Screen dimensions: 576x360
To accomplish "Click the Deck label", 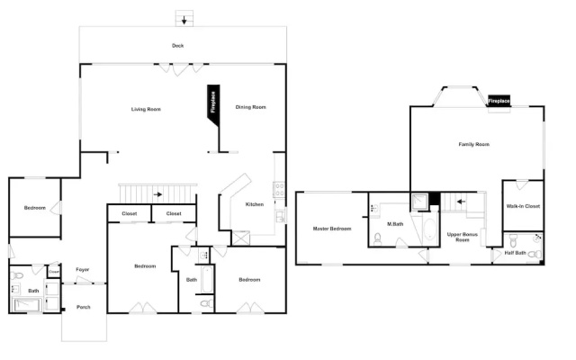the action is pos(178,46).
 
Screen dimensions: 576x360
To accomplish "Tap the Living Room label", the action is pos(146,109).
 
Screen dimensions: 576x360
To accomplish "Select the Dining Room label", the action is pos(250,107).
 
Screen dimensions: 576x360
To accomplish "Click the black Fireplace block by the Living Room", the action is pos(213,104).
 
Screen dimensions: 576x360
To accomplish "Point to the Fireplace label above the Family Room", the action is pos(499,100).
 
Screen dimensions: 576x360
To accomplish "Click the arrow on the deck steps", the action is pos(184,20).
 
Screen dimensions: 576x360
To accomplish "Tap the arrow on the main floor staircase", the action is pos(157,194).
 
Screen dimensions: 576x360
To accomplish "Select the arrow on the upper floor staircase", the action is pos(461,202).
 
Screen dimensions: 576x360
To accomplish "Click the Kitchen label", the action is pos(255,204).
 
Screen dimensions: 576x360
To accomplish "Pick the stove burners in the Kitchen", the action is pos(279,189).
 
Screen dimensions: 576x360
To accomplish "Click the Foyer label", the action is pos(83,269).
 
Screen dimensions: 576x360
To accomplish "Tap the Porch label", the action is pos(84,307).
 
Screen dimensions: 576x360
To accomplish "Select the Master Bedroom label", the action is pos(332,229).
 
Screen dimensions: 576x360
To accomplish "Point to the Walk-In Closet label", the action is pos(523,206).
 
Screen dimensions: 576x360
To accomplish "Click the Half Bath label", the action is pos(515,253).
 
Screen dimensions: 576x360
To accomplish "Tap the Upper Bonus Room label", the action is pos(463,237).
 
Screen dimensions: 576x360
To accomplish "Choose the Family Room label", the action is pos(474,144).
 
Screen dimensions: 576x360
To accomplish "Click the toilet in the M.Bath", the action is pos(378,239).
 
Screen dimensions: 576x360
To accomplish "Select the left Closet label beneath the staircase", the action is pos(130,213).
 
